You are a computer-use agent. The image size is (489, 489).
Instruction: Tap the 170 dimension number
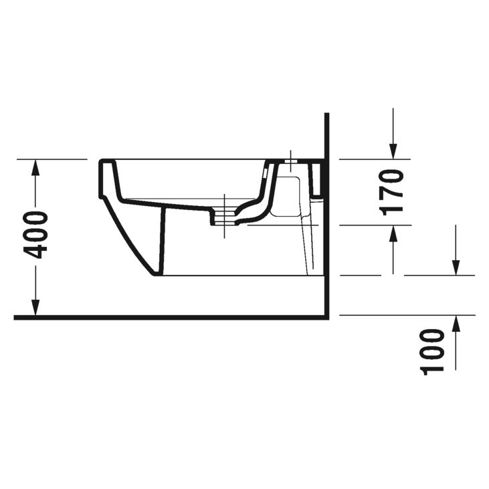pos(392,193)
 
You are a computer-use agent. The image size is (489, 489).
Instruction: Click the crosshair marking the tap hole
pos(290,159)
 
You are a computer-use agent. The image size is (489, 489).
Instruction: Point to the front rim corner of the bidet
pos(102,162)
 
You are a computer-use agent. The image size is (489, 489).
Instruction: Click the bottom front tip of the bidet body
pos(155,274)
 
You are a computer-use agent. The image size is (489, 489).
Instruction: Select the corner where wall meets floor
pos(326,316)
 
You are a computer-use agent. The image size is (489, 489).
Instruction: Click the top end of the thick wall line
pos(326,115)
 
